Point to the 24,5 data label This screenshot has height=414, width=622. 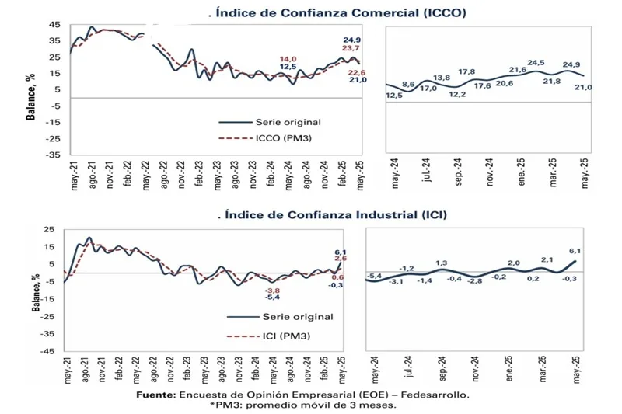pyautogui.click(x=536, y=63)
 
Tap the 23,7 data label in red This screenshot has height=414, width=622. pyautogui.click(x=352, y=48)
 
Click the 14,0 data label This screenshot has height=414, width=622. pyautogui.click(x=288, y=59)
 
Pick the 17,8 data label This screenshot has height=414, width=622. pyautogui.click(x=466, y=72)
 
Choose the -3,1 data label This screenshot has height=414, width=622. pyautogui.click(x=396, y=280)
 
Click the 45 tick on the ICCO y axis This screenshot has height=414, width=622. pyautogui.click(x=54, y=24)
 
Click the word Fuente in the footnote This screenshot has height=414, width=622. pyautogui.click(x=155, y=395)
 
